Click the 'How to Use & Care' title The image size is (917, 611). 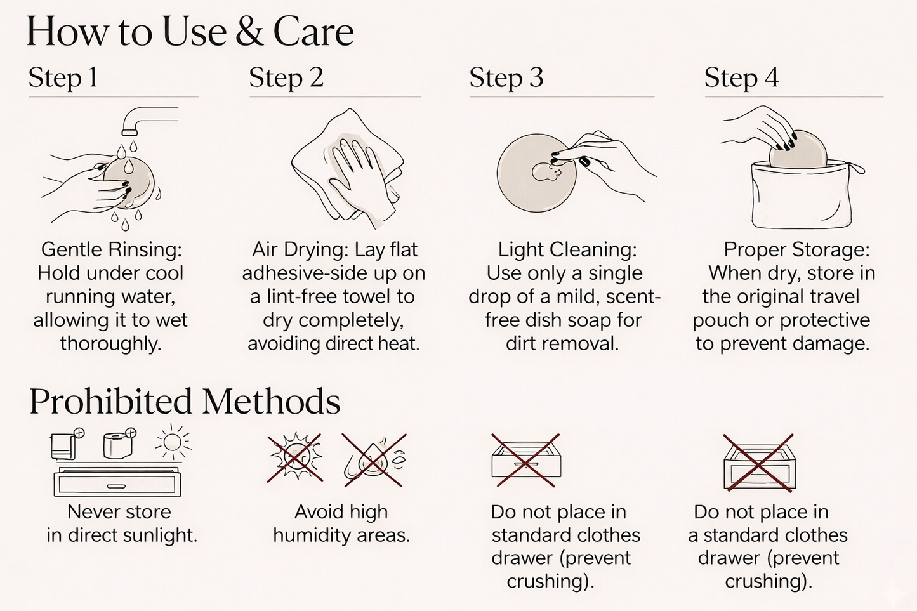190,32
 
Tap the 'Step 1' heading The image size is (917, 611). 63,77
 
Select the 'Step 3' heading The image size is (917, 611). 506,77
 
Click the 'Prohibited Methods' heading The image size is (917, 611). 185,402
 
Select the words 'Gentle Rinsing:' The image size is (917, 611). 111,249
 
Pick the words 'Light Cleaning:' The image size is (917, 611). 567,249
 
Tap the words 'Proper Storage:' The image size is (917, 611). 796,249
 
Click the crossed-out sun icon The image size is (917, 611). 294,457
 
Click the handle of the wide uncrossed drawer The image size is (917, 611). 116,486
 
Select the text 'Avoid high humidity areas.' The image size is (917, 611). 341,523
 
